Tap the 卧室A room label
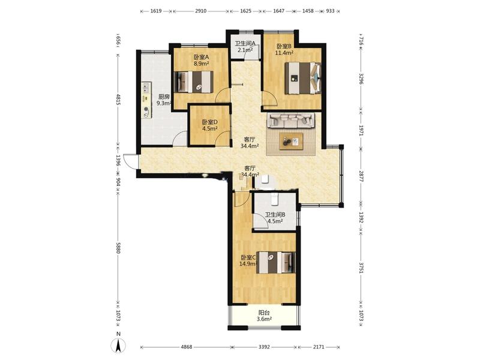tap(201, 57)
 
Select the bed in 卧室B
tap(303, 78)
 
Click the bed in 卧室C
tap(276, 262)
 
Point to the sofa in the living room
tap(291, 121)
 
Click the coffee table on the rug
tap(291, 142)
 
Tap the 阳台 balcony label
tap(264, 313)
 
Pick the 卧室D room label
tap(209, 122)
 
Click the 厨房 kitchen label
tap(164, 97)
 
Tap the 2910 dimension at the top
tap(201, 11)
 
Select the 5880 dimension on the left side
tap(118, 248)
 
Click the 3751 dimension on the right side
tap(361, 268)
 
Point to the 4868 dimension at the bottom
tap(187, 347)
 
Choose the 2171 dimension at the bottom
tap(319, 347)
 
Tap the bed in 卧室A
tap(193, 82)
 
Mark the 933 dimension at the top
tap(331, 11)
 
